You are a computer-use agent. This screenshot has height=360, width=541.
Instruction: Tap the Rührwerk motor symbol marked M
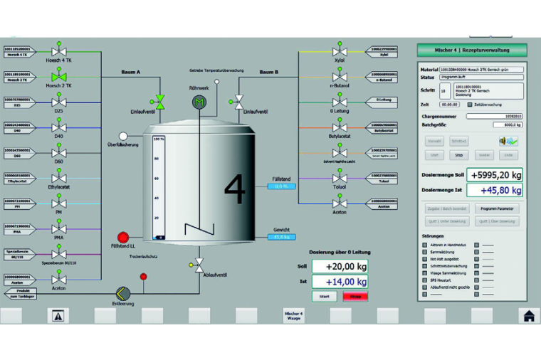(x=199, y=102)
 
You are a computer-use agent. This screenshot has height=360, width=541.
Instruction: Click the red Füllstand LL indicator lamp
(x=122, y=237)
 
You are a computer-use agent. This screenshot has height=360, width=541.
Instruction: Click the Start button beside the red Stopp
(x=324, y=296)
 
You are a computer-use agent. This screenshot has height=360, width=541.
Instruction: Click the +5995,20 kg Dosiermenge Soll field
(x=495, y=175)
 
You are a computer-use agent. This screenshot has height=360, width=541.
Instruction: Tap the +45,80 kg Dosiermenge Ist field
(x=495, y=190)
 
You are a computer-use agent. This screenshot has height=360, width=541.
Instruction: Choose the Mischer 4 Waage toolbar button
(x=293, y=316)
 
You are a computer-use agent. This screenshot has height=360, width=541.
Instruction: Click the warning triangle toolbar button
(x=58, y=316)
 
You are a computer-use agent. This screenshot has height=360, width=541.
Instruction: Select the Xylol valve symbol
(x=339, y=52)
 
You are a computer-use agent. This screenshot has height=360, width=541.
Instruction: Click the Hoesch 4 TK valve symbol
(x=59, y=52)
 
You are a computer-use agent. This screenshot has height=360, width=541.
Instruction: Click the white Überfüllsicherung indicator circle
(x=123, y=136)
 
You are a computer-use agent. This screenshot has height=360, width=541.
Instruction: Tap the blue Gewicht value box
(x=281, y=237)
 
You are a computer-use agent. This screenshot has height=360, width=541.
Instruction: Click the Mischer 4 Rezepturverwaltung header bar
(x=472, y=50)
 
